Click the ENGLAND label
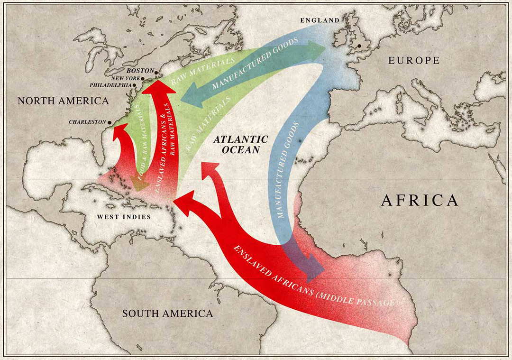320,20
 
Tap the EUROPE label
414,60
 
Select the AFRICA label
420,200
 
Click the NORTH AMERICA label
63,101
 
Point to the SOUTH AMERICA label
167,314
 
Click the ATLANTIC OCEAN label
240,144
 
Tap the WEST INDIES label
124,217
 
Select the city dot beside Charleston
110,122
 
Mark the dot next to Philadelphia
135,85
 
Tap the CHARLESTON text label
88,122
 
